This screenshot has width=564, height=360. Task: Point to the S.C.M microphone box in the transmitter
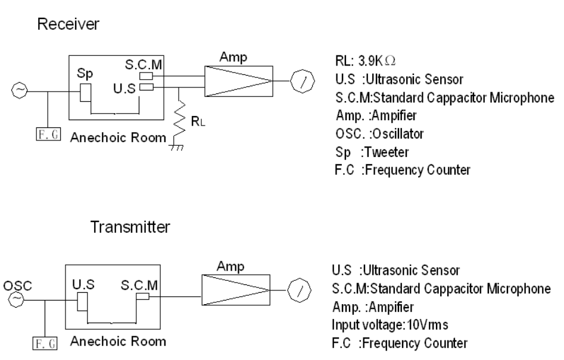142,296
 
